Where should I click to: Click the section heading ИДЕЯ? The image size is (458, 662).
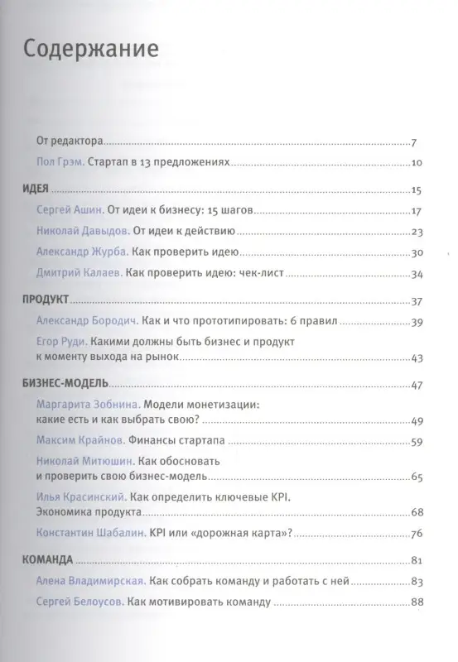coord(34,189)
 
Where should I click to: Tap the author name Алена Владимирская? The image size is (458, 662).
coord(91,582)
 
